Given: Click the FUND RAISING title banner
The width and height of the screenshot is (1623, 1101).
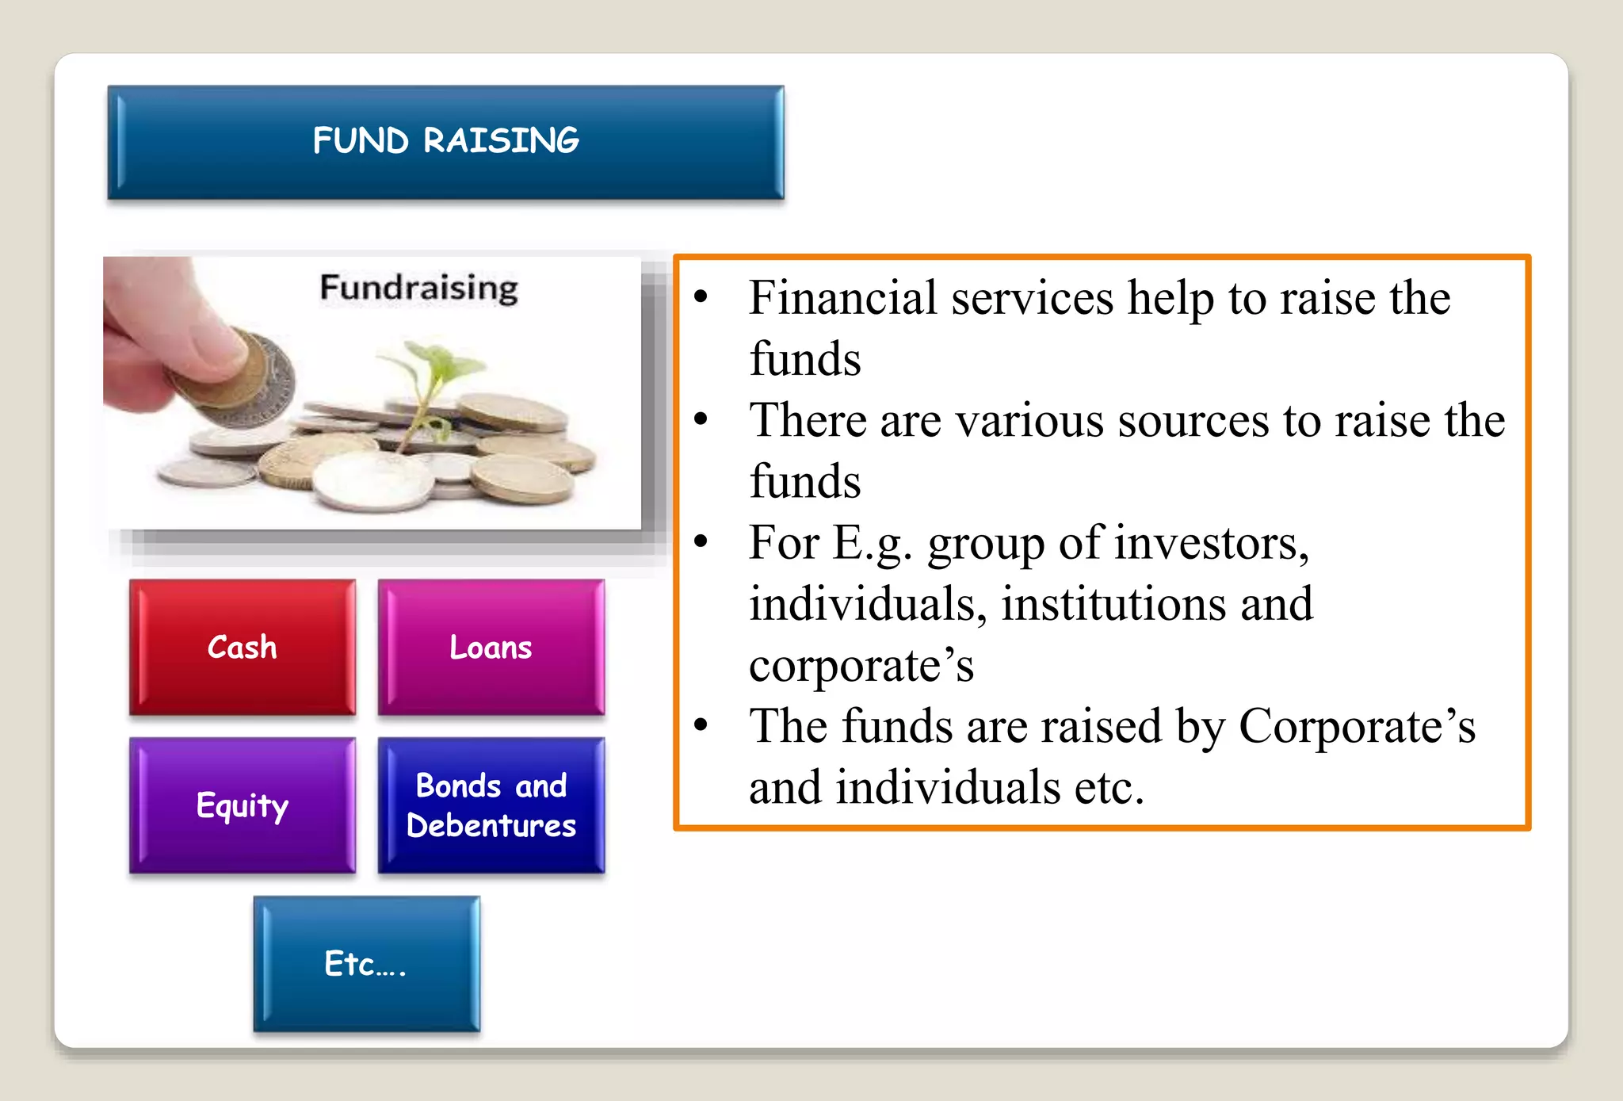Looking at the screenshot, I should (x=445, y=141).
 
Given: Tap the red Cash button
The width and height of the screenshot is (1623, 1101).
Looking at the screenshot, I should (x=242, y=647).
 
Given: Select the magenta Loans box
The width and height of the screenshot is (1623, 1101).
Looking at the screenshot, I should (x=491, y=647).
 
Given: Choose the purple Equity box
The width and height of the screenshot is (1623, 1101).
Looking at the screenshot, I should (x=242, y=805).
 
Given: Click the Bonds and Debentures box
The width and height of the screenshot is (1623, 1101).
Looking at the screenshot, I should (x=491, y=805).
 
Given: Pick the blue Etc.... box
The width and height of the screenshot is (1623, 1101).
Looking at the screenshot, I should (x=366, y=964).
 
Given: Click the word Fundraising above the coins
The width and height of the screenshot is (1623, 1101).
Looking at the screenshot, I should (x=418, y=288).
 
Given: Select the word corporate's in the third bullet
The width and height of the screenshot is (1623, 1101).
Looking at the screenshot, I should (x=861, y=665).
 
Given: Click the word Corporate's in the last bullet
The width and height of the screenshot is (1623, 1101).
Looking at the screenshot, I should (x=1357, y=726).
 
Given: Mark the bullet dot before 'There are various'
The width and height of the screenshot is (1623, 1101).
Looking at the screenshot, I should (x=701, y=420).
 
